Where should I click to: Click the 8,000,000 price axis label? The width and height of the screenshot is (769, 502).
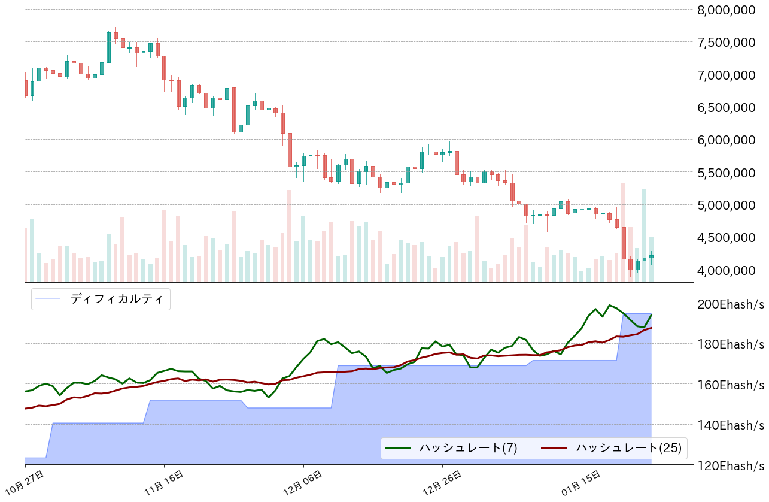730,10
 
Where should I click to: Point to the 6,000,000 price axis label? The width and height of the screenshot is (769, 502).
730,140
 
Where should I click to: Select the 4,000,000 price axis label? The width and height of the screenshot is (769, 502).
730,270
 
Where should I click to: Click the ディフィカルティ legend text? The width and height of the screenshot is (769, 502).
117,298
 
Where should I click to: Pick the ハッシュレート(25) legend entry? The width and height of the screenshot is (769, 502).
628,447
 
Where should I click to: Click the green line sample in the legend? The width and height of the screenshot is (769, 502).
398,447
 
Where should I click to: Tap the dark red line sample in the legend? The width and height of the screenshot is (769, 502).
554,447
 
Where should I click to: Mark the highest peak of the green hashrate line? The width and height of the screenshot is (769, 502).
610,305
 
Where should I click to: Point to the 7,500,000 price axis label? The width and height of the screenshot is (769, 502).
730,42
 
